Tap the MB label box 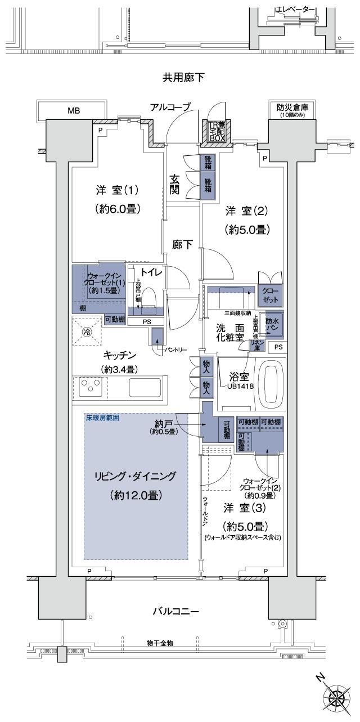[73, 110]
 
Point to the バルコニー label [178, 611]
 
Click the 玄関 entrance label [175, 185]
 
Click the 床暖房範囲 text [103, 419]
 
